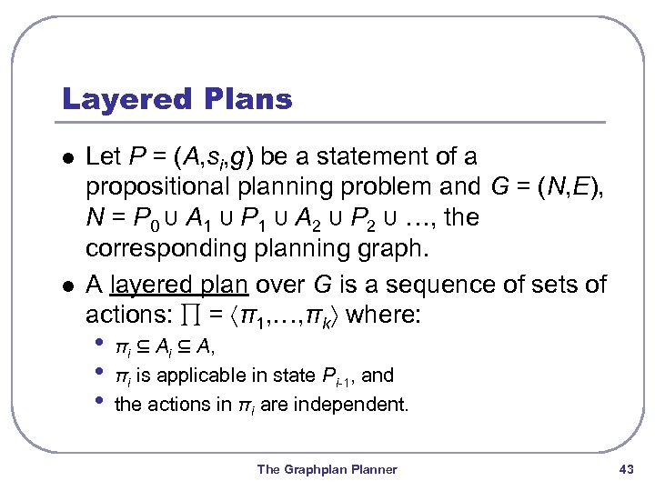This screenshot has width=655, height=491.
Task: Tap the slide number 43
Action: (625, 469)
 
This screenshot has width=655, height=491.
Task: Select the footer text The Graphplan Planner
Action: (327, 469)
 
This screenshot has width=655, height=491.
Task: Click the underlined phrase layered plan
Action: (178, 285)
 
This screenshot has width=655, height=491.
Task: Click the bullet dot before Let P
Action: (62, 157)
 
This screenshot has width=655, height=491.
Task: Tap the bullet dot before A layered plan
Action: (62, 286)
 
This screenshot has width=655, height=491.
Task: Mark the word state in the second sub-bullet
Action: (297, 375)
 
